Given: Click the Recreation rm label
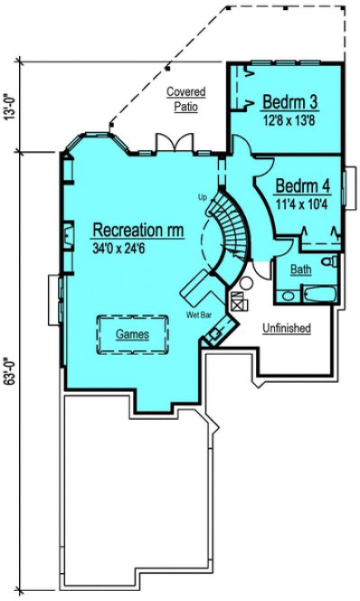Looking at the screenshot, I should tap(137, 231).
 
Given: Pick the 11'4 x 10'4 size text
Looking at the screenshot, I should tap(302, 202).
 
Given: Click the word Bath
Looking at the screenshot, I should tap(301, 269).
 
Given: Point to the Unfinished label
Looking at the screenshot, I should tap(287, 328).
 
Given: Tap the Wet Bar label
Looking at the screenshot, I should tap(199, 315).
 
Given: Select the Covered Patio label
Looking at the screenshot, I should tap(185, 99).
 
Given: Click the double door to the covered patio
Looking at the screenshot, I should tap(172, 142).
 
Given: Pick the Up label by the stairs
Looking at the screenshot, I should tap(203, 196).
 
